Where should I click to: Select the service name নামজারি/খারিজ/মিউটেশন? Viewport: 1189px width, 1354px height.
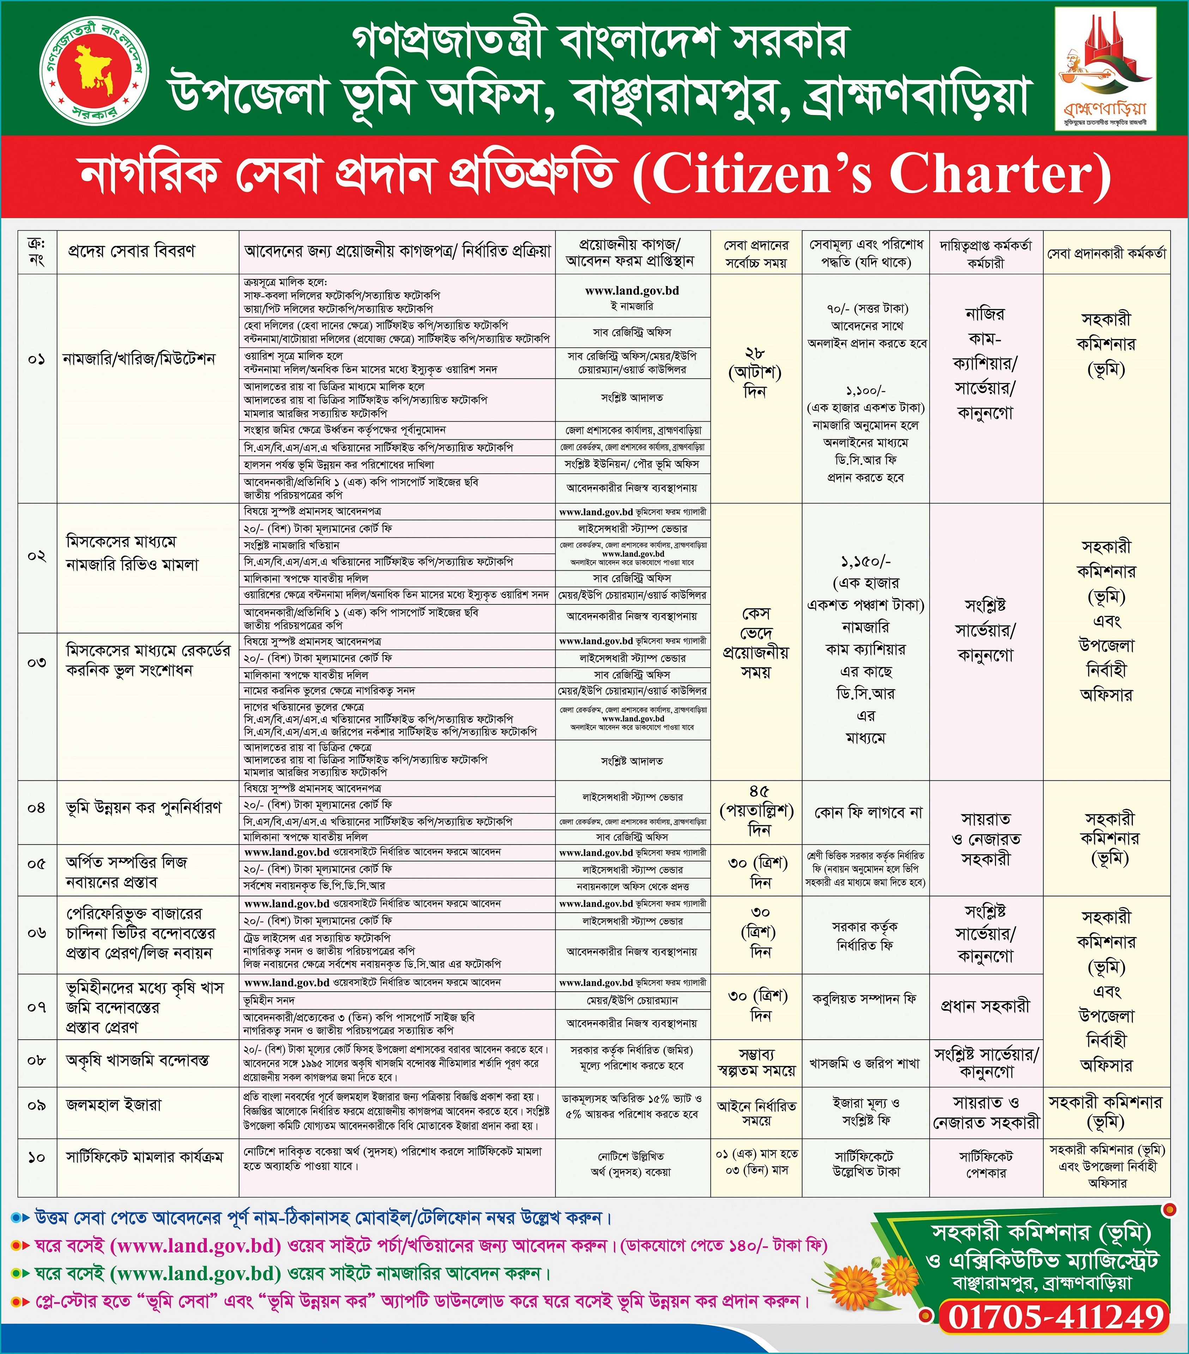(x=139, y=359)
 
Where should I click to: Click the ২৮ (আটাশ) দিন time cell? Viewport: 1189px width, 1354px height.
(x=756, y=372)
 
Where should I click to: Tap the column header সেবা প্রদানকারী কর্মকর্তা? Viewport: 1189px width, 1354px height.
(x=1106, y=253)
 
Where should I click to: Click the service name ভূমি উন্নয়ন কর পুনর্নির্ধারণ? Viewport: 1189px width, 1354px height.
(x=144, y=808)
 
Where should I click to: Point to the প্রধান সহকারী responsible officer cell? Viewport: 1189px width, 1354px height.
(x=985, y=1005)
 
